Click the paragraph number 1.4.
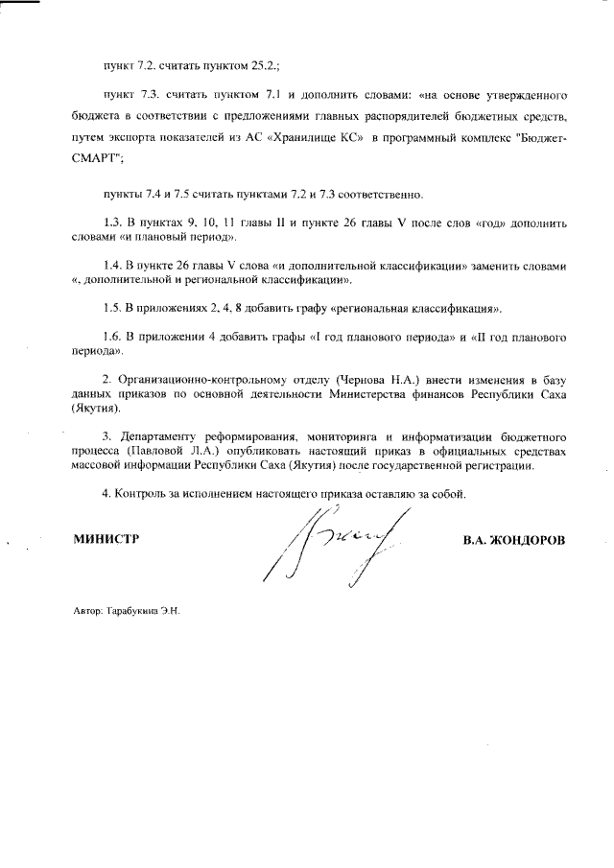pyautogui.click(x=111, y=264)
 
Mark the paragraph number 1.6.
pyautogui.click(x=111, y=338)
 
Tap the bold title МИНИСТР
pyautogui.click(x=106, y=540)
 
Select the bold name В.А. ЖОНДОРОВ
pyautogui.click(x=513, y=540)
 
